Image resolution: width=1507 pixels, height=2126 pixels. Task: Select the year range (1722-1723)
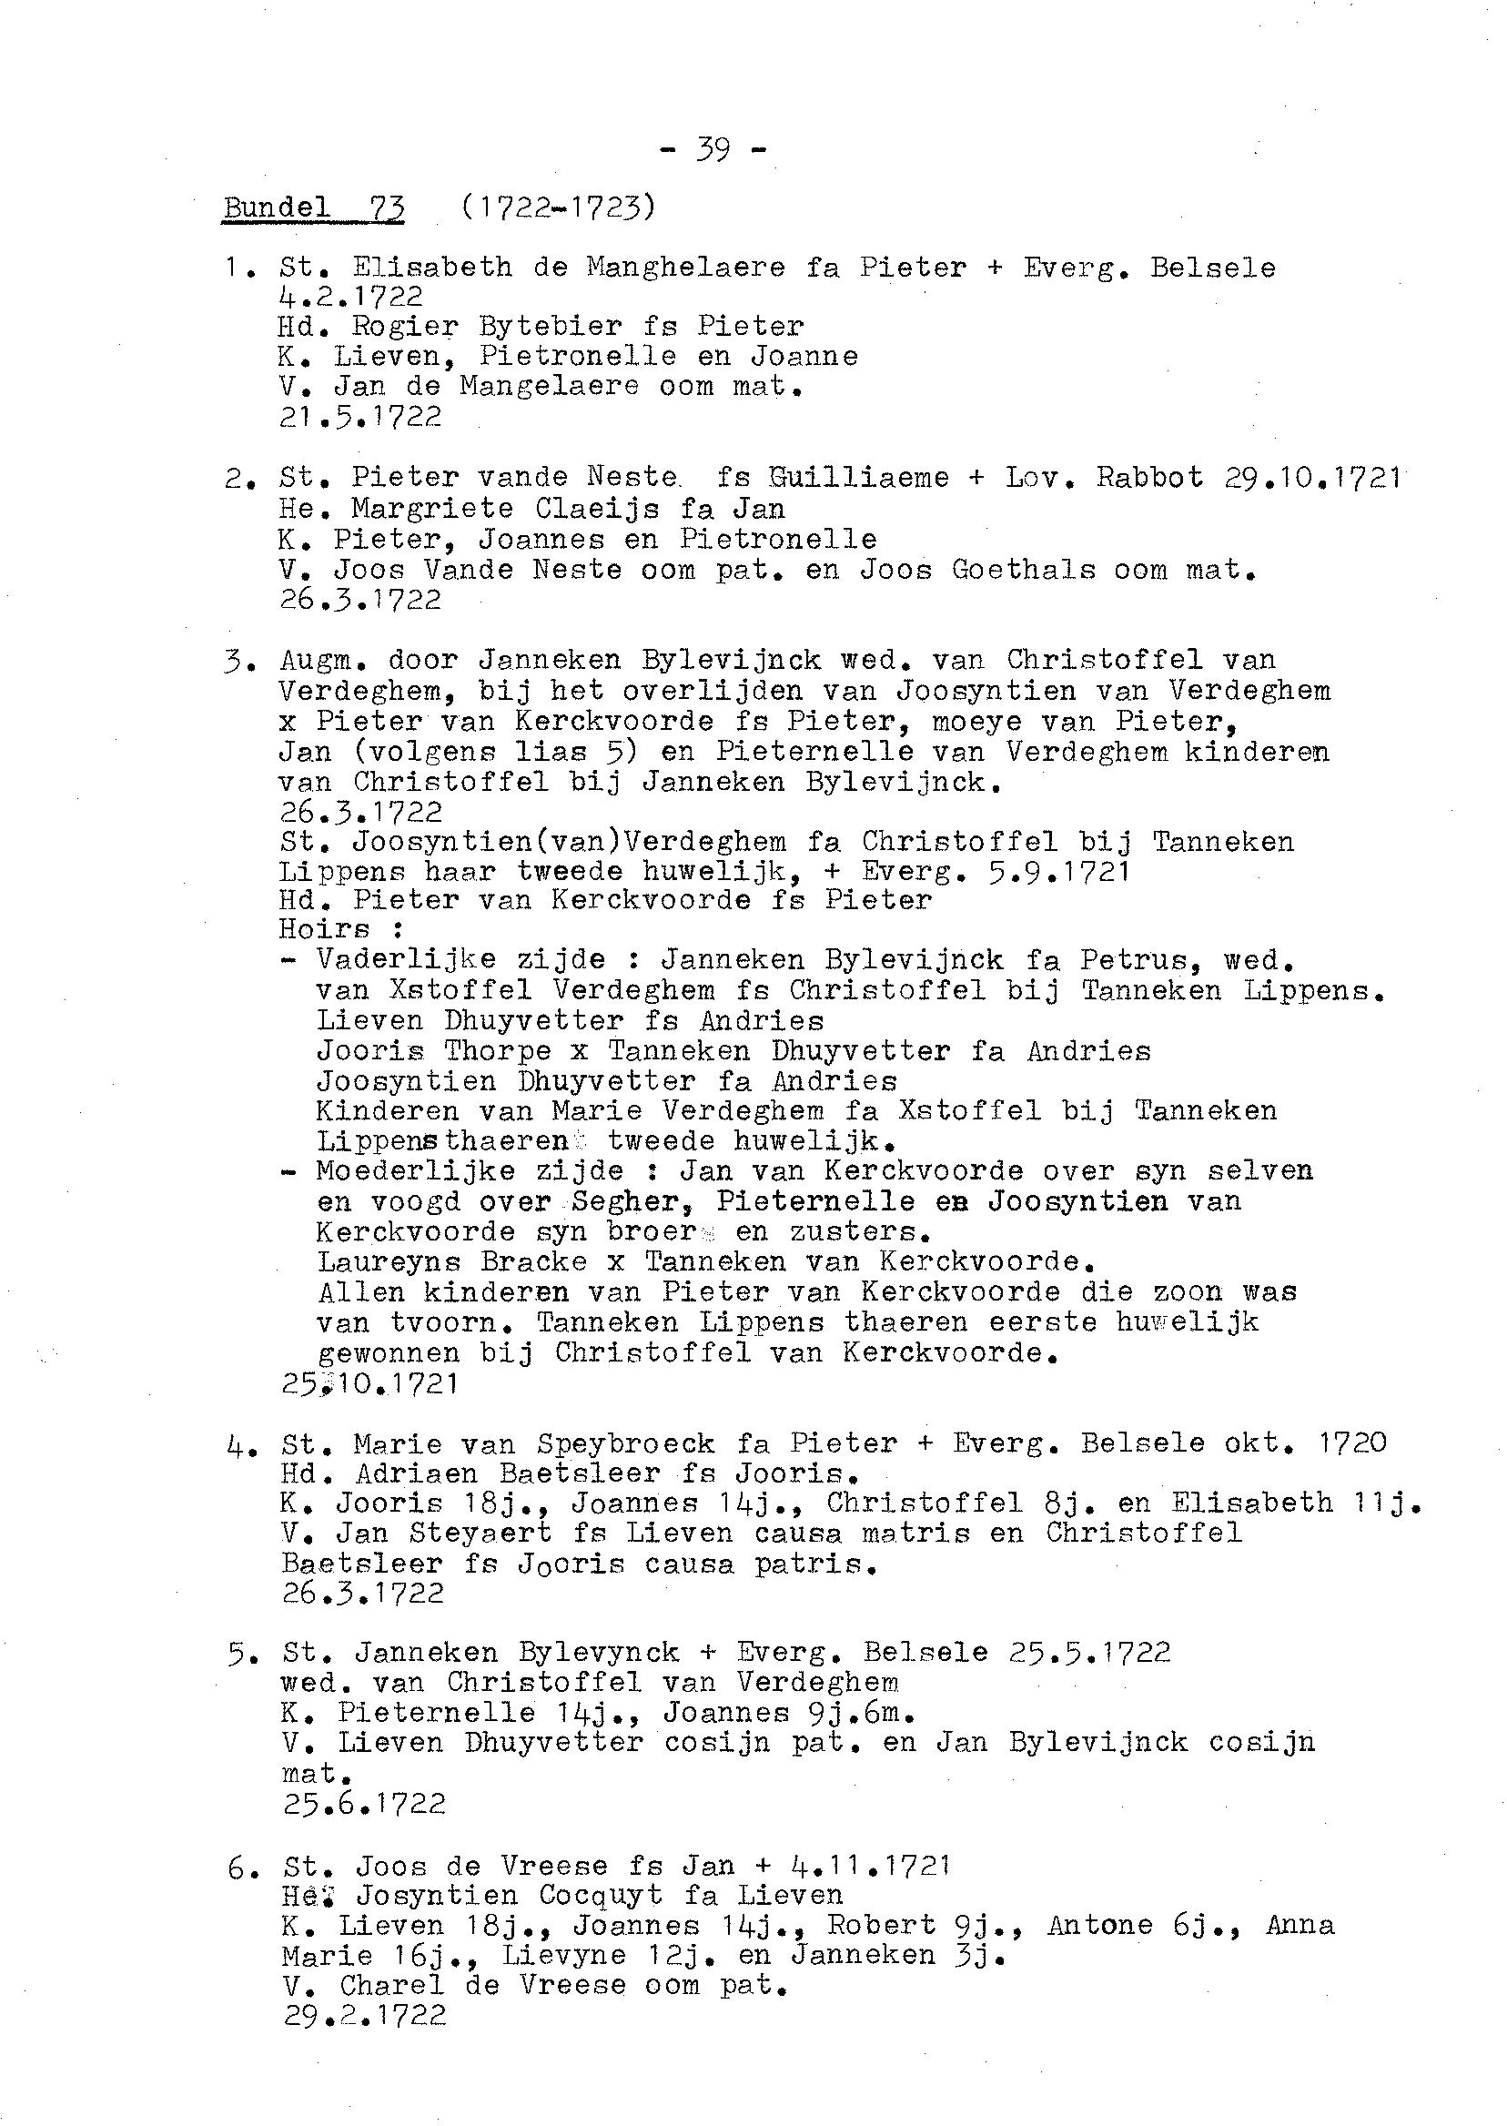click(558, 207)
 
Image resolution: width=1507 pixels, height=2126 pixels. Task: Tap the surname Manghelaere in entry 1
click(686, 268)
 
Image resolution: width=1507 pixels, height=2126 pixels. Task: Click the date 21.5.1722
click(360, 418)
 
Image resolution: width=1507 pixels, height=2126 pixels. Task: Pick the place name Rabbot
click(1149, 478)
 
